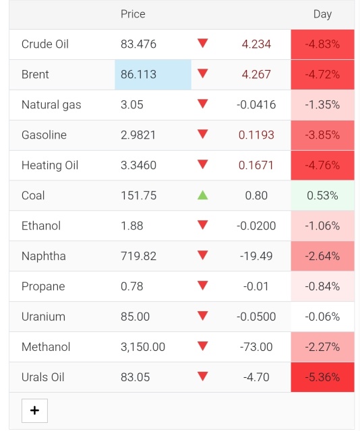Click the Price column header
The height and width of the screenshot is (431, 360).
(x=133, y=14)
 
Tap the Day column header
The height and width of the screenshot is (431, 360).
(x=322, y=14)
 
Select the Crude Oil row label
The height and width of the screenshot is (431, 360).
(x=45, y=44)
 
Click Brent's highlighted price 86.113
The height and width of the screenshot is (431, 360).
(x=138, y=75)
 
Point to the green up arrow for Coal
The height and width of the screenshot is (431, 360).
(x=202, y=195)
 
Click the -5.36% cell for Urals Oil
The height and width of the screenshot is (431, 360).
(x=322, y=377)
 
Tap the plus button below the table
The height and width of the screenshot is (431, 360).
(x=34, y=411)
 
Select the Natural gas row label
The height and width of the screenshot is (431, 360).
(x=51, y=105)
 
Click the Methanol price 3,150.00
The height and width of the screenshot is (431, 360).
(x=143, y=347)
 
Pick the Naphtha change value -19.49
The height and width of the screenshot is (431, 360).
(x=256, y=256)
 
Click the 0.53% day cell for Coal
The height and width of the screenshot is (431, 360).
(x=322, y=195)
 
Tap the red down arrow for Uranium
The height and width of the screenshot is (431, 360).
(x=202, y=316)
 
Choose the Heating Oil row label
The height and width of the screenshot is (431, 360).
(x=50, y=165)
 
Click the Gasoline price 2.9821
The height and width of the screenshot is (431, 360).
(x=138, y=135)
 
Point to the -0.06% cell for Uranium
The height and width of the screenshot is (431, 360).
(x=322, y=317)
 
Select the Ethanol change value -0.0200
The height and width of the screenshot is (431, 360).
(x=256, y=226)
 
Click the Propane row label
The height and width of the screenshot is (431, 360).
(x=43, y=287)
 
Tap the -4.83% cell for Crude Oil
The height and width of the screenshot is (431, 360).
(x=322, y=44)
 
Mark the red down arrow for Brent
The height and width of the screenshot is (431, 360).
(x=202, y=73)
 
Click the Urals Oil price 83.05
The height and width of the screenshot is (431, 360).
(x=135, y=377)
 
